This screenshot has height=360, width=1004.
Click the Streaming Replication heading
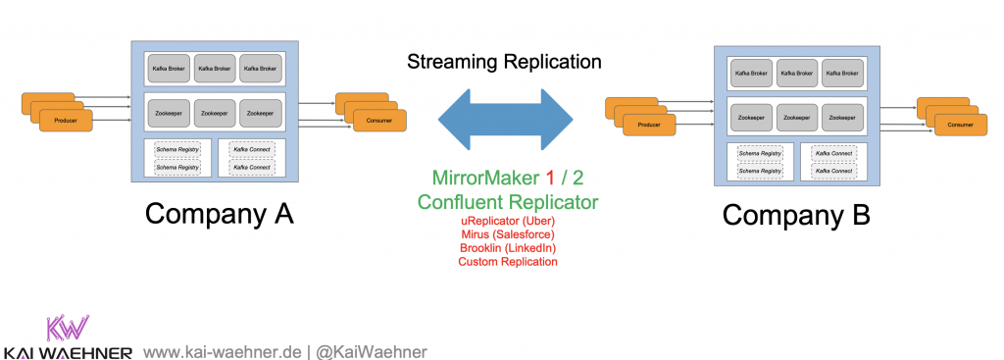505,62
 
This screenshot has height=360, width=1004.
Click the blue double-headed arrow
505,120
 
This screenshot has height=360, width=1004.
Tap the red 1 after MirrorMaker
550,179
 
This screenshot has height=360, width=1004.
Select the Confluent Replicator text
507,202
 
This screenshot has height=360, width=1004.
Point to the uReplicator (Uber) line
508,222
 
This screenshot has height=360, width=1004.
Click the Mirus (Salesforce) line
508,235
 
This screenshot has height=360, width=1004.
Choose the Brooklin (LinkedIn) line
508,248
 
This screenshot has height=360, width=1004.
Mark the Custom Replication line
508,262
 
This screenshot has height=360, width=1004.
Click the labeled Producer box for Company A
67,120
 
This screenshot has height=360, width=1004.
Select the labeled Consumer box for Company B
960,125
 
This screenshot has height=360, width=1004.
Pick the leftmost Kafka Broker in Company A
168,68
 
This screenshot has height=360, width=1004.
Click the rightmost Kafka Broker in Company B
842,73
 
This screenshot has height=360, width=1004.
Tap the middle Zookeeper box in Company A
215,113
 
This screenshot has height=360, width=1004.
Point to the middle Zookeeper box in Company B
797,117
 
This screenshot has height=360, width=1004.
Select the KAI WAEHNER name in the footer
68,351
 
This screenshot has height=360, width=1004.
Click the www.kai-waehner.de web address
222,350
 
